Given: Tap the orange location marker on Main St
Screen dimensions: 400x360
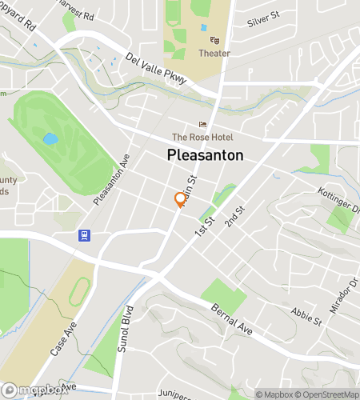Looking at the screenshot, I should point(180,200).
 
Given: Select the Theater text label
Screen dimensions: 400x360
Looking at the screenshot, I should point(214,54).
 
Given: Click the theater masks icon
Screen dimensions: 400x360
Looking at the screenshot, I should point(214,39).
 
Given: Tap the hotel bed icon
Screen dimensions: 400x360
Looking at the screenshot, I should point(202,124).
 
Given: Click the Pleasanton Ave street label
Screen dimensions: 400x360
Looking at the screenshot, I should point(111,180).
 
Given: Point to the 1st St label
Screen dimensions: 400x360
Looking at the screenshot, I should point(206,226).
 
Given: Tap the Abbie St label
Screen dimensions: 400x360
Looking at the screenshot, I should point(306,316).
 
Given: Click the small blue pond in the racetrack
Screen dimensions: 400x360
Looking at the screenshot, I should point(50,138).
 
